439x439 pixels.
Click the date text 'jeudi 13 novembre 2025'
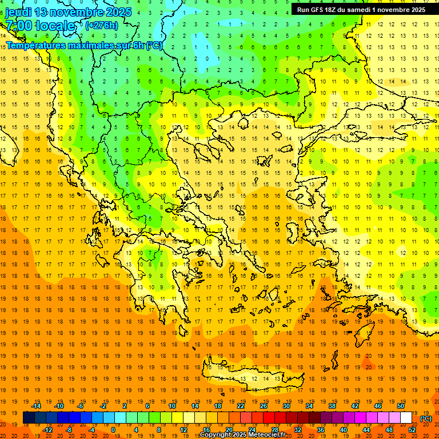click(x=69, y=12)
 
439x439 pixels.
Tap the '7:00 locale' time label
click(x=40, y=26)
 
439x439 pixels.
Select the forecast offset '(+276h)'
click(x=102, y=25)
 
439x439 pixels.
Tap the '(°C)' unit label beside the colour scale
click(x=426, y=418)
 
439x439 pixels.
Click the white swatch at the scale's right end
click(x=406, y=418)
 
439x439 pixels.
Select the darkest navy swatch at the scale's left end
click(x=29, y=418)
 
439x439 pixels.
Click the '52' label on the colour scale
click(x=412, y=430)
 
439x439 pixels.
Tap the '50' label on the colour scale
click(x=400, y=406)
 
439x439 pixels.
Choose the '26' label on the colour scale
click(x=264, y=406)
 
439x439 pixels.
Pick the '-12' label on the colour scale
click(x=47, y=430)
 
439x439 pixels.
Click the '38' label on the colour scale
click(x=332, y=406)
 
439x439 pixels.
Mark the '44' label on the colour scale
click(x=366, y=430)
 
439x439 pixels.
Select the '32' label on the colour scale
click(x=298, y=430)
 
